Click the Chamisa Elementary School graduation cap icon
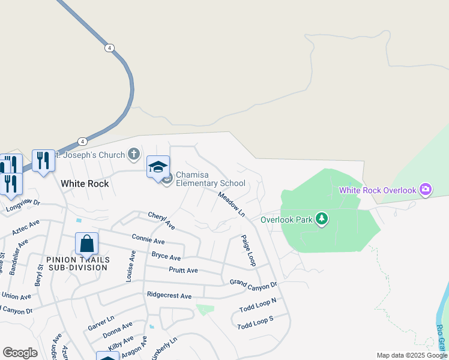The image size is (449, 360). coord(158,167)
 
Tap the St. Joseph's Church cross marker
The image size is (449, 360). coord(134,155)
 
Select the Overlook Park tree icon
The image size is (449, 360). coord(322,219)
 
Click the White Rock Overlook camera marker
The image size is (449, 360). coord(426,190)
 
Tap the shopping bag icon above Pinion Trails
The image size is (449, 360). coord(86,244)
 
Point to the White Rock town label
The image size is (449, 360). coord(85,184)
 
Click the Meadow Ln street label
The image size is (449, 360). coord(232,204)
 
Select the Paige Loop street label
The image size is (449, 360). coord(249,251)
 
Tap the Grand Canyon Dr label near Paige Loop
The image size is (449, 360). coord(253,283)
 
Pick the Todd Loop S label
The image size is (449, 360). coord(255,322)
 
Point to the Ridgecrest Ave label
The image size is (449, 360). coord(169,296)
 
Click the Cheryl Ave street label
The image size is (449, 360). coord(161,221)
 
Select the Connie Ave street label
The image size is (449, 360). coord(148,241)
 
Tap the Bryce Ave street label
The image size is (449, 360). coord(166,256)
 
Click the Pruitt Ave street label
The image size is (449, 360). coord(183,271)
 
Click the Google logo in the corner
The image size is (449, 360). coord(20,353)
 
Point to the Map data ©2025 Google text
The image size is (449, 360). coord(412,355)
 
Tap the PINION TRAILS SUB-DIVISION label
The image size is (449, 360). coord(77,263)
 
